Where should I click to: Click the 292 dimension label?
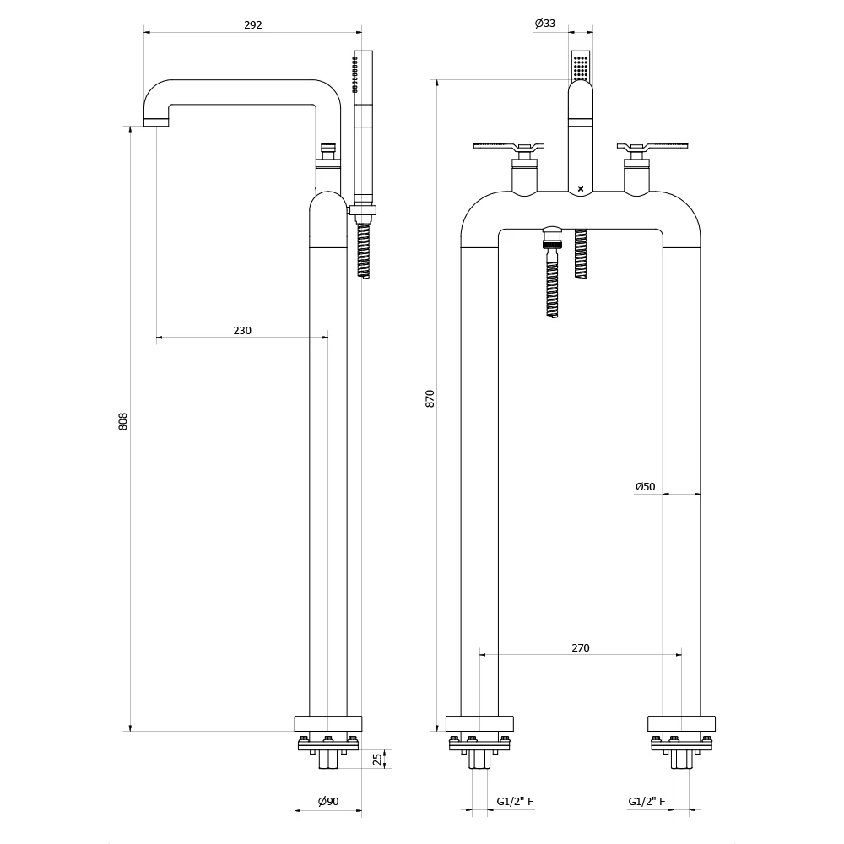253,24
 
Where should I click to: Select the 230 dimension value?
242,330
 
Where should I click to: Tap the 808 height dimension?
122,421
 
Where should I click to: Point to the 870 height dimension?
430,398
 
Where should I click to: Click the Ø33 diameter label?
545,24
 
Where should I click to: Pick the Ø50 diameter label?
645,486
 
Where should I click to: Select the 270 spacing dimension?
581,647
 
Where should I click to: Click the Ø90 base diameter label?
328,802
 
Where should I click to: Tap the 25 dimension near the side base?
377,759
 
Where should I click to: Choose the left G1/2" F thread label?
515,802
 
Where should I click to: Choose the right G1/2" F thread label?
647,802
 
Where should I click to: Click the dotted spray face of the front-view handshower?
581,66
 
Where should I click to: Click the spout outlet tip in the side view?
157,122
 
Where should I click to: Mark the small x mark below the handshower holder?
581,187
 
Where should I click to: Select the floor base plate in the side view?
328,723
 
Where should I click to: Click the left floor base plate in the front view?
479,723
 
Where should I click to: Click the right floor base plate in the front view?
681,723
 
